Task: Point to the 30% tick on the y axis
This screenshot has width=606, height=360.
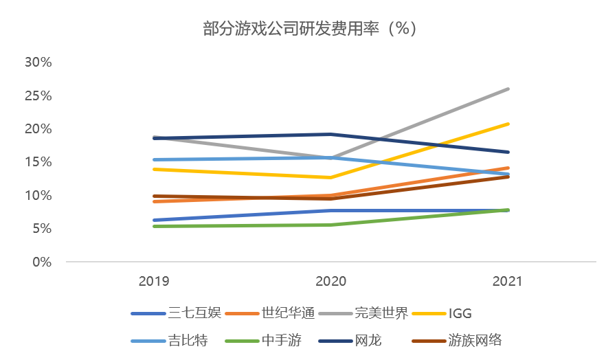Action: tap(38, 63)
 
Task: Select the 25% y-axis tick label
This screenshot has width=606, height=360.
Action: tap(38, 95)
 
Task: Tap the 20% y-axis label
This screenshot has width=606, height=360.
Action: tap(38, 129)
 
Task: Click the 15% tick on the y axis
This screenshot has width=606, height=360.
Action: tap(38, 162)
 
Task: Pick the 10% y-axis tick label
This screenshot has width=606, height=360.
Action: tap(38, 196)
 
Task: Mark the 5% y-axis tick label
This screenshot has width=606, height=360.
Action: tap(41, 229)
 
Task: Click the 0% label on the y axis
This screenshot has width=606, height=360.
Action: tap(41, 262)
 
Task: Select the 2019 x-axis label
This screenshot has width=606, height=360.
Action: tap(154, 281)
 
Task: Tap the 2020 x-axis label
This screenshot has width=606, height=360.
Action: tap(330, 281)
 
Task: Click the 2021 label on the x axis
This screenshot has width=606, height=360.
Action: tap(508, 281)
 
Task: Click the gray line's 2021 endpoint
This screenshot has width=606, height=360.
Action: tap(508, 89)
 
